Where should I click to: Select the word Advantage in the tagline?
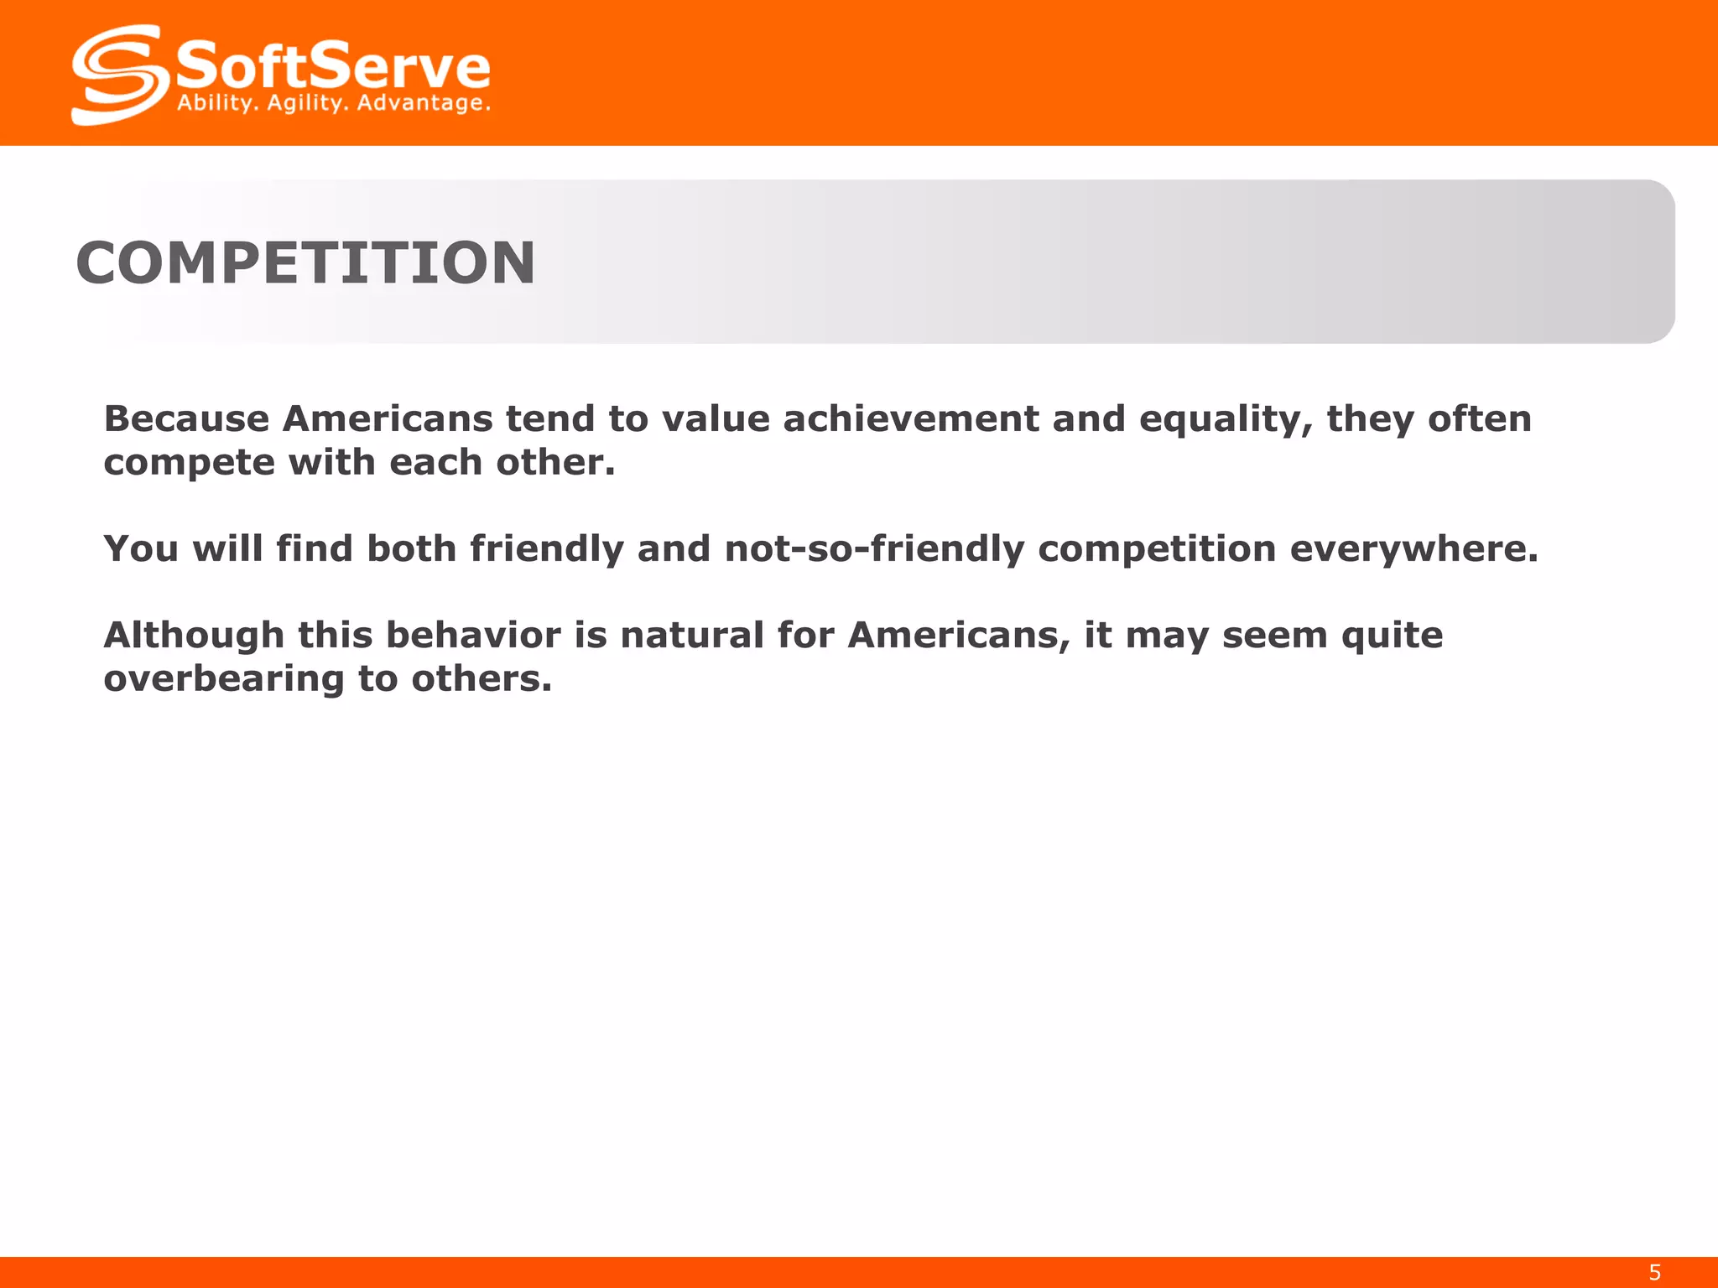421,104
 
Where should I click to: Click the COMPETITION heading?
305,262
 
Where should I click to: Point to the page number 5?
1654,1272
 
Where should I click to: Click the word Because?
186,418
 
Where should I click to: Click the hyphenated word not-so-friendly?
874,548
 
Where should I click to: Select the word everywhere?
1413,548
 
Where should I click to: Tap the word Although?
194,635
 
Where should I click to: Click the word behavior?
473,635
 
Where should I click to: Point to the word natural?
691,635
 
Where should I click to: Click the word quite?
1392,636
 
